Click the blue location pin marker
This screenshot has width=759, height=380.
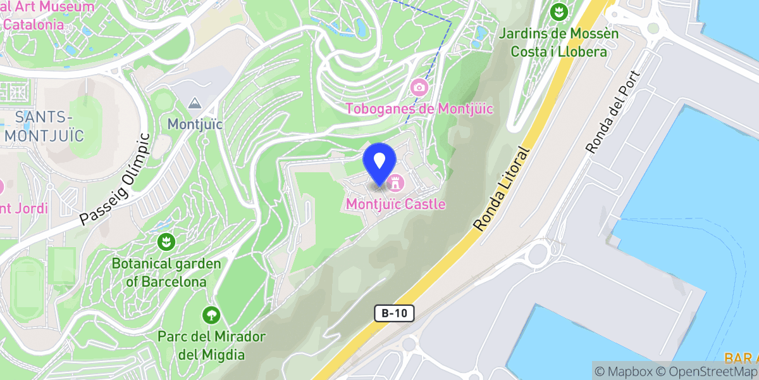[379, 161]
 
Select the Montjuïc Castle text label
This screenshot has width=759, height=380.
[396, 205]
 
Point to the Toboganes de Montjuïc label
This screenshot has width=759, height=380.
[419, 109]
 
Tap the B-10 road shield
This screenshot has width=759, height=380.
[395, 313]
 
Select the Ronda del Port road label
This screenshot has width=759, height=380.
[614, 112]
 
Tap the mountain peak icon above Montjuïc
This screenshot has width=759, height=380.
[195, 103]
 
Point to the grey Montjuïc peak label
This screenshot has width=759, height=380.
[195, 124]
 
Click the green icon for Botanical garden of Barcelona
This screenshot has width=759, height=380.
[166, 241]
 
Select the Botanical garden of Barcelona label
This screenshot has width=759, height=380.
[166, 272]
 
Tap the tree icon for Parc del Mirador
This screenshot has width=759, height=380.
[211, 314]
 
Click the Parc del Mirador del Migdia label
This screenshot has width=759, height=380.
[211, 345]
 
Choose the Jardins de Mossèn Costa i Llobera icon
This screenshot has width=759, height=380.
[558, 11]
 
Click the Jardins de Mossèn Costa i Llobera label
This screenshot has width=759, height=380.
[558, 42]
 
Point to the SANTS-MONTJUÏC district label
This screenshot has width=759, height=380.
[43, 126]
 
